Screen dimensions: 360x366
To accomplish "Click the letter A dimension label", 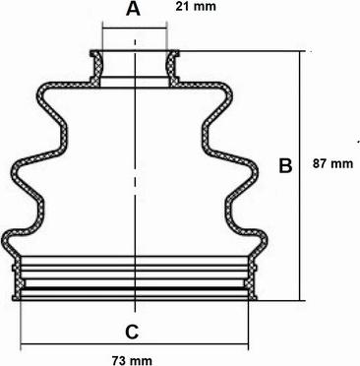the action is tap(133, 9).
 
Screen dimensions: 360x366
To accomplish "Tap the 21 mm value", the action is tap(196, 6).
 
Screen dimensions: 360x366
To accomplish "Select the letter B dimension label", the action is tap(285, 165).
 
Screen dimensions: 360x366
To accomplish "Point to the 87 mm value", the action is tap(332, 163).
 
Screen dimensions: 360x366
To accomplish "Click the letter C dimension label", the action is tap(133, 333).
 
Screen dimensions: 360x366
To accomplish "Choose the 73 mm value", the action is tap(132, 361).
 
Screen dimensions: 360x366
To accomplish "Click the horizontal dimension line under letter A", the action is tap(135, 29).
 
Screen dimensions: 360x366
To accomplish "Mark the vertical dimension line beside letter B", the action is tap(299, 176).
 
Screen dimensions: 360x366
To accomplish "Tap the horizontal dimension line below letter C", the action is tap(135, 344).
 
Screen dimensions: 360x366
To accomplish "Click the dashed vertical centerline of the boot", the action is tap(135, 175).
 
